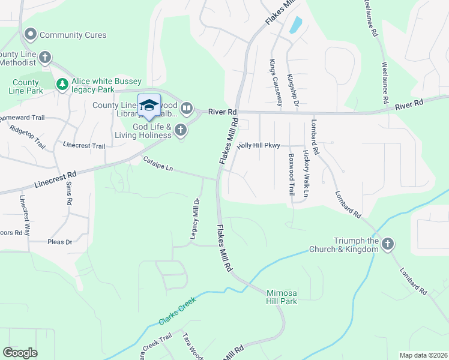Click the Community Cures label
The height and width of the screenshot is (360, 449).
73,35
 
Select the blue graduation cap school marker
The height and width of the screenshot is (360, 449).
149,106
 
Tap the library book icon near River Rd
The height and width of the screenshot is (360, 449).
187,109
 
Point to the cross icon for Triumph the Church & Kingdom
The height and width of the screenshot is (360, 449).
388,244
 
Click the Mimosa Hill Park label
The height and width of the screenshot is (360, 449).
282,297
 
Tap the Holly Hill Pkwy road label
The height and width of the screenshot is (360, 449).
259,146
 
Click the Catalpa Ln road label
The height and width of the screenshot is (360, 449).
157,164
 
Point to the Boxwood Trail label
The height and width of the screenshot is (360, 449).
291,175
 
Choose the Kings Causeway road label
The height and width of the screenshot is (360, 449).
272,78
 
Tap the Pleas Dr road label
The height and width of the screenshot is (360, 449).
59,242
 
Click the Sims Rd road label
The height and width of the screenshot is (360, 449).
68,193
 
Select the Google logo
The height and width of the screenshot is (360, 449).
20,353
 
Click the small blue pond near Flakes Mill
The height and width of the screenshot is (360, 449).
295,25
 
